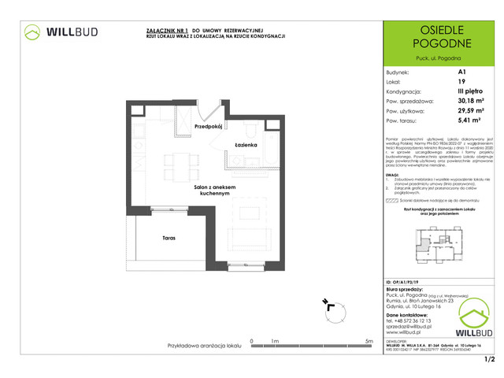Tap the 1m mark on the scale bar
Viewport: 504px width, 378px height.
tap(275, 341)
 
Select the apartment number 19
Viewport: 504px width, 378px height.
tap(461, 80)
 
